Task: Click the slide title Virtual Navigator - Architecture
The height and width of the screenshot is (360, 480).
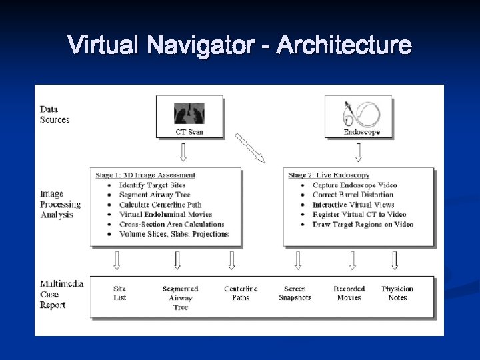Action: [x=240, y=45]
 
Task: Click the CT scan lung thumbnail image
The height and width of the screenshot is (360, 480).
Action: [x=189, y=112]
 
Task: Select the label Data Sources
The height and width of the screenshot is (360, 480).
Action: [x=55, y=115]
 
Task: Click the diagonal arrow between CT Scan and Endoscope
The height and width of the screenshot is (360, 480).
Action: [x=250, y=147]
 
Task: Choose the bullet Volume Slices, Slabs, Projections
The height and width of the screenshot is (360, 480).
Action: [x=173, y=234]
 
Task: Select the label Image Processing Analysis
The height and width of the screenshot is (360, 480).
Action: [x=60, y=205]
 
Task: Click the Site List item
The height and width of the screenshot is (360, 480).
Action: [x=120, y=293]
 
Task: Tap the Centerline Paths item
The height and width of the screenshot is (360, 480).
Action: [x=241, y=293]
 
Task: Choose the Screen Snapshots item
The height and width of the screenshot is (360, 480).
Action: [x=295, y=293]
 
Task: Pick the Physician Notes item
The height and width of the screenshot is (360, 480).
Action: [x=397, y=293]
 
